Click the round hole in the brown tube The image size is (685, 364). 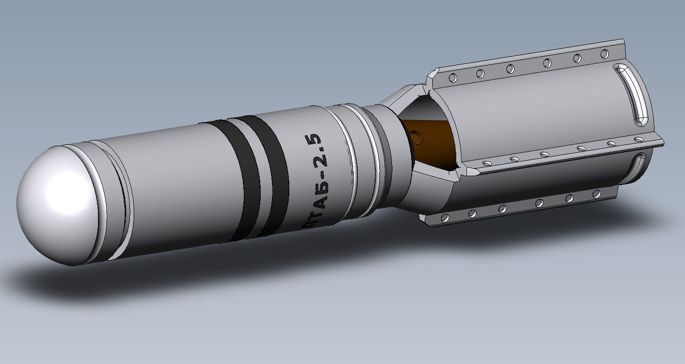(x=415, y=136)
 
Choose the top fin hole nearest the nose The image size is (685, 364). (x=453, y=77)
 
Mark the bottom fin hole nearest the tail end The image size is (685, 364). (x=596, y=193)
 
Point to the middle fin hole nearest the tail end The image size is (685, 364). (x=638, y=140)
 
